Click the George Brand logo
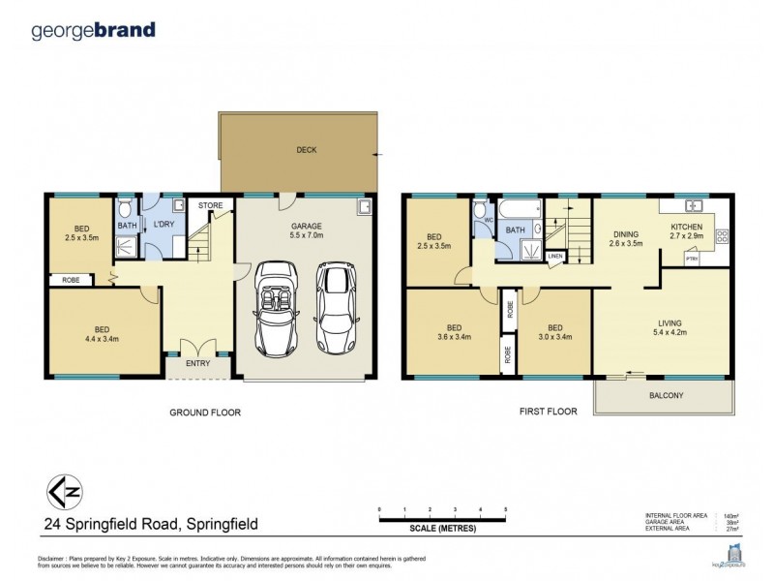[x=93, y=30]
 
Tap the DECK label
[x=306, y=150]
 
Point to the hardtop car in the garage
[x=335, y=307]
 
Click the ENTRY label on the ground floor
[x=198, y=364]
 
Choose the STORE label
[x=210, y=205]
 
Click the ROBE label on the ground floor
[x=71, y=281]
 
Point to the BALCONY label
[x=665, y=395]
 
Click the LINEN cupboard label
[x=554, y=256]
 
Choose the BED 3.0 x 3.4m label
[x=555, y=334]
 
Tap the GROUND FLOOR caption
[x=205, y=413]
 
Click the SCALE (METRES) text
[x=442, y=529]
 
